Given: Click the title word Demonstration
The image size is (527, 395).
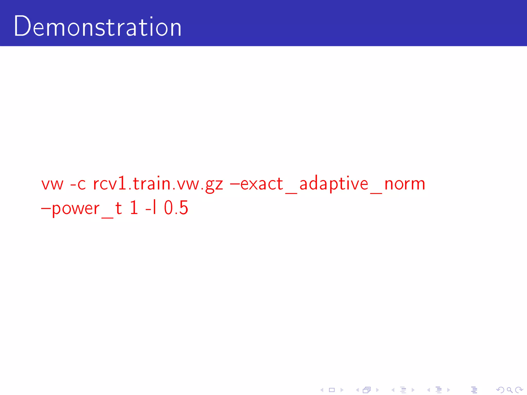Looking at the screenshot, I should pyautogui.click(x=98, y=26).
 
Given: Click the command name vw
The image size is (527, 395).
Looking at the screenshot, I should pyautogui.click(x=52, y=184).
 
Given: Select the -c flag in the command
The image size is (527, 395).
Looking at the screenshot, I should pyautogui.click(x=78, y=184).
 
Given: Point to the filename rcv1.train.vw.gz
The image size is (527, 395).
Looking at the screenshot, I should pyautogui.click(x=158, y=184).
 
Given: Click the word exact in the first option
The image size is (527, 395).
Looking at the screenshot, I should pyautogui.click(x=261, y=184).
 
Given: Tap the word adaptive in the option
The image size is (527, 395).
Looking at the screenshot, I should pyautogui.click(x=334, y=184).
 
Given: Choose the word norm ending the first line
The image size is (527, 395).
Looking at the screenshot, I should pyautogui.click(x=404, y=184).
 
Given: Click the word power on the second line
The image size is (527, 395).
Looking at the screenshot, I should pyautogui.click(x=76, y=208).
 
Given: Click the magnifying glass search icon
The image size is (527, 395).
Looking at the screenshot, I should pyautogui.click(x=510, y=390).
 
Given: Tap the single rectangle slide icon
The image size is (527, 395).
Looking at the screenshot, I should pyautogui.click(x=332, y=390).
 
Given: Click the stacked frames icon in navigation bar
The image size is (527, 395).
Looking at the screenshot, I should pyautogui.click(x=367, y=390).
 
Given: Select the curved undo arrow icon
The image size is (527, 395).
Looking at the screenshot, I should pyautogui.click(x=500, y=390).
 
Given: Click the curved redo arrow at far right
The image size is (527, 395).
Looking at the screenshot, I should pyautogui.click(x=519, y=390).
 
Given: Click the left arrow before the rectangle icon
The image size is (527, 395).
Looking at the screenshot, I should pyautogui.click(x=322, y=390).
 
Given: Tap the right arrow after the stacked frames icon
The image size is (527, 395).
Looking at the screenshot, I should pyautogui.click(x=377, y=390).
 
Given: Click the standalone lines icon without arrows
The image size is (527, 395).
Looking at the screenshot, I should pyautogui.click(x=474, y=390).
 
